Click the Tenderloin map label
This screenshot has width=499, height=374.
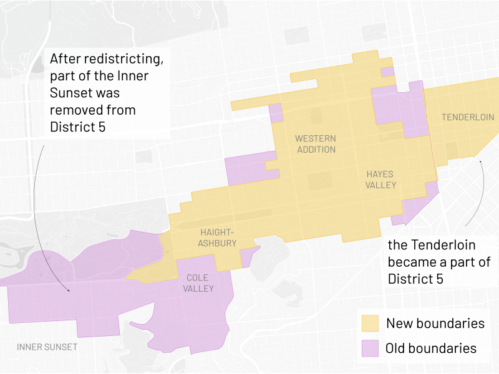467,117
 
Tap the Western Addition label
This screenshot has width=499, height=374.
316,144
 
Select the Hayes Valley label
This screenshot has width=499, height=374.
380,180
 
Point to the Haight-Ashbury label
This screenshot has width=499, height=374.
218,237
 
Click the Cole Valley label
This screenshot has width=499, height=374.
198,282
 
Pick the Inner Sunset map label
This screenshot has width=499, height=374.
47,347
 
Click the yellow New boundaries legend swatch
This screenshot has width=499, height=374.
371,324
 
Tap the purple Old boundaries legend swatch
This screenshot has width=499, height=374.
371,348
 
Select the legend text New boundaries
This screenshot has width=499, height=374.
435,324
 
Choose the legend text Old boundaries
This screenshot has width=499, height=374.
430,348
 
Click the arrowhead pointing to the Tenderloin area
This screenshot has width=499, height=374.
480,161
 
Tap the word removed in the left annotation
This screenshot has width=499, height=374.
75,110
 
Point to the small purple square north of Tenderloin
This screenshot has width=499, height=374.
387,72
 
